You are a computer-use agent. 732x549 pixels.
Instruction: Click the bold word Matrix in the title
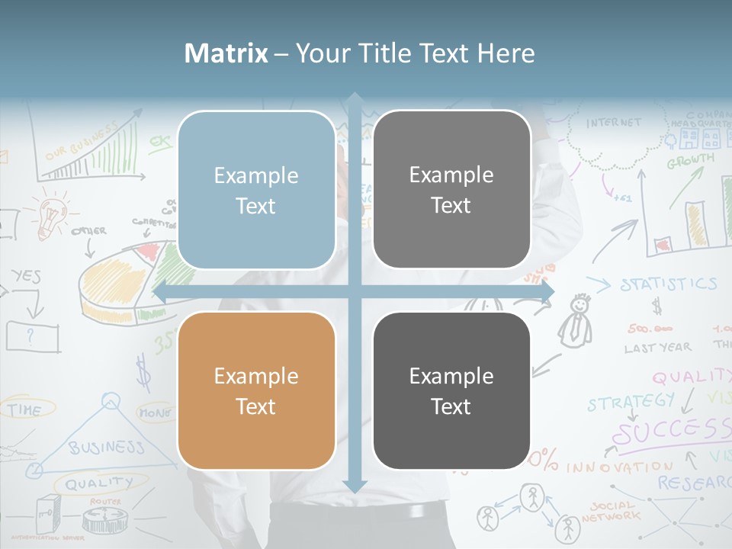pyautogui.click(x=226, y=53)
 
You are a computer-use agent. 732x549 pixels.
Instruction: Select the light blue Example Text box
pyautogui.click(x=256, y=191)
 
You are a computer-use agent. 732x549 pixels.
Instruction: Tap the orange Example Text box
pyautogui.click(x=256, y=390)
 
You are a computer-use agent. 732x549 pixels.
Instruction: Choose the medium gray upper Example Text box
pyautogui.click(x=451, y=190)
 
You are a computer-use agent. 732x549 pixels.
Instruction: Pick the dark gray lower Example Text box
pyautogui.click(x=451, y=390)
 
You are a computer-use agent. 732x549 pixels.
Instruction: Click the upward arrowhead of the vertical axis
pyautogui.click(x=355, y=98)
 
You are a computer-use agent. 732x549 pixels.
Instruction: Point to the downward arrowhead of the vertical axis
pyautogui.click(x=355, y=486)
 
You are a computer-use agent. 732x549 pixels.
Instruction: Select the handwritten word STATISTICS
pyautogui.click(x=668, y=284)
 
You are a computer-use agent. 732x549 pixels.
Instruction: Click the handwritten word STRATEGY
pyautogui.click(x=631, y=400)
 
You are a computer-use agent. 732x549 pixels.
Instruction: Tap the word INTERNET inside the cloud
pyautogui.click(x=614, y=123)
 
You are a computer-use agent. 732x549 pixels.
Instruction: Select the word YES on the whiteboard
pyautogui.click(x=27, y=277)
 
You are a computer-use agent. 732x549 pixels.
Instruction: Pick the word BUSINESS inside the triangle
pyautogui.click(x=106, y=447)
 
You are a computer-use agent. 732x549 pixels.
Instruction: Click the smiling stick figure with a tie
pyautogui.click(x=576, y=320)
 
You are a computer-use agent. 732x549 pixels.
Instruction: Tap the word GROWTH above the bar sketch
pyautogui.click(x=691, y=161)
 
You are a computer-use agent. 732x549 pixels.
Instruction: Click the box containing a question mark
pyautogui.click(x=32, y=336)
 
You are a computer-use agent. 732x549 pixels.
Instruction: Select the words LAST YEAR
pyautogui.click(x=657, y=348)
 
